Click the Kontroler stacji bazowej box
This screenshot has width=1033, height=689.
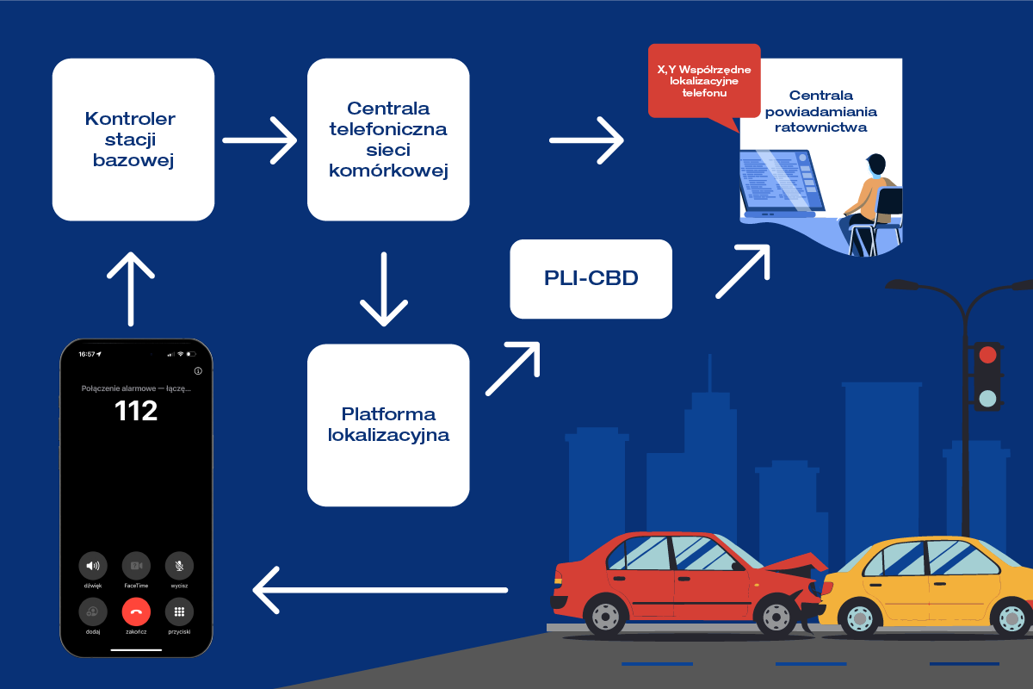[133, 140]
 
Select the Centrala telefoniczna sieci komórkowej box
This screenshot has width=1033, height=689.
[388, 140]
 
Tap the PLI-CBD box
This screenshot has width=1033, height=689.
[591, 279]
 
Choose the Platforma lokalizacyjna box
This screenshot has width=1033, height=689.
[388, 425]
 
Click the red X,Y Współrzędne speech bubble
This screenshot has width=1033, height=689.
[703, 80]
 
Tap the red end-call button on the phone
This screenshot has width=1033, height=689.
[136, 611]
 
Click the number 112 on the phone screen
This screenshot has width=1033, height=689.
[136, 411]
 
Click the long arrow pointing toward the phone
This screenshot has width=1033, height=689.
[380, 590]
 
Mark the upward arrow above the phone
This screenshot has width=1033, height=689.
[131, 288]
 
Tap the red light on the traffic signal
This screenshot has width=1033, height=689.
[987, 355]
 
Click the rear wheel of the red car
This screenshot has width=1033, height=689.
[604, 617]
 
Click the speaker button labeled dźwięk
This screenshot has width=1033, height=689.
[93, 566]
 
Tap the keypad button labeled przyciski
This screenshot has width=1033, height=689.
[179, 611]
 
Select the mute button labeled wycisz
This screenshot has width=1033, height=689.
[179, 566]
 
